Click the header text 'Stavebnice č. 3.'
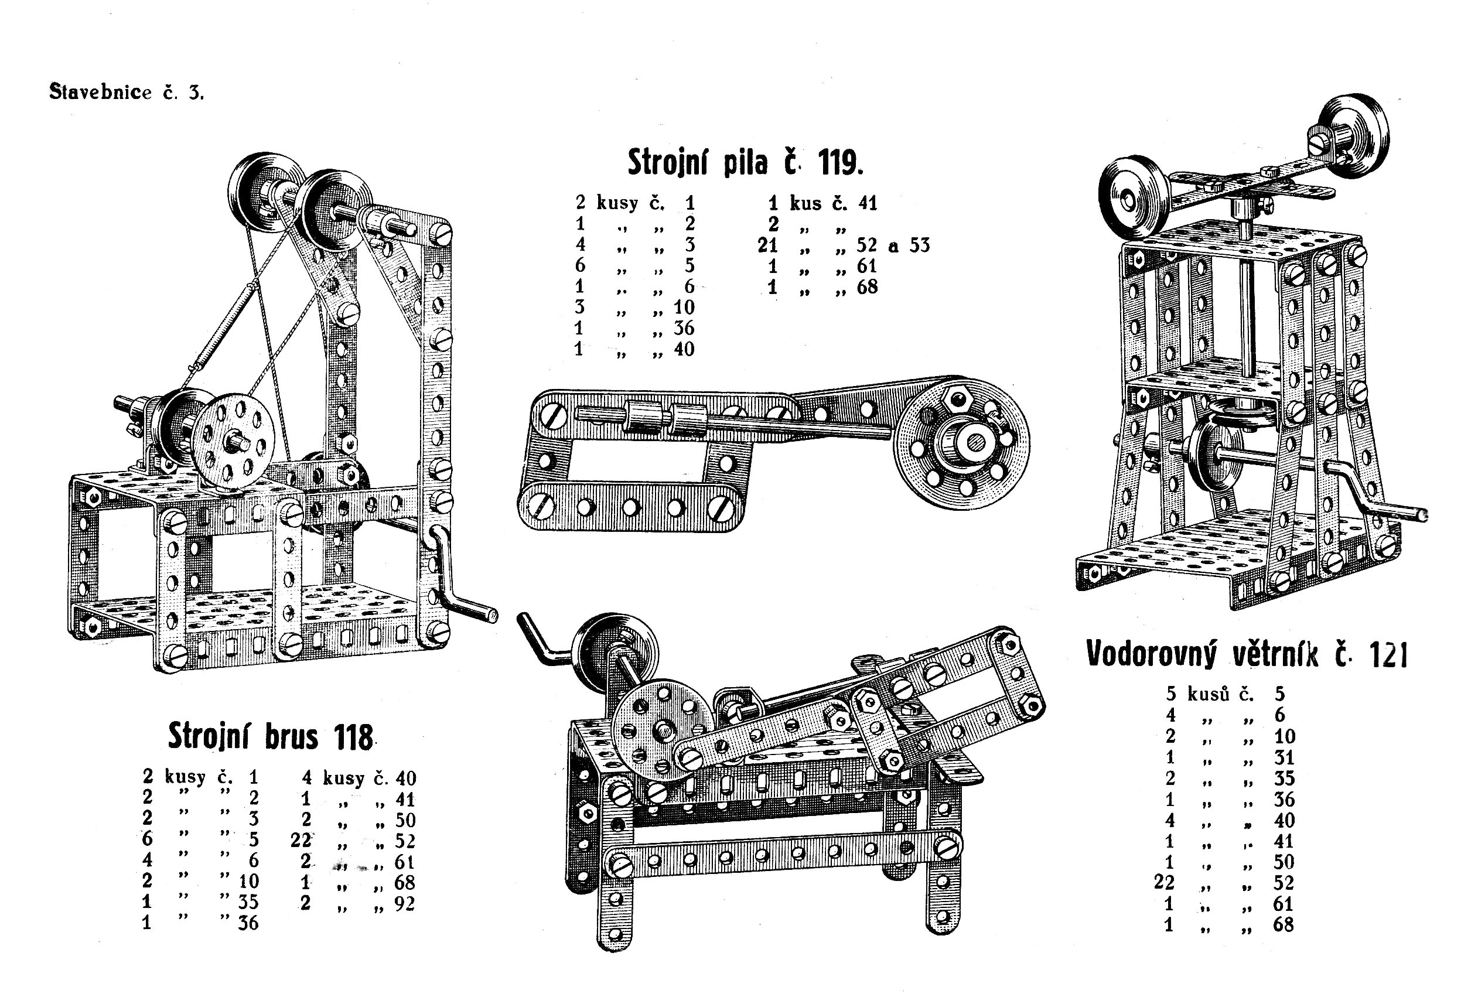(127, 93)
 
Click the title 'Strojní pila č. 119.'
(745, 163)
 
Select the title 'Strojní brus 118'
(270, 737)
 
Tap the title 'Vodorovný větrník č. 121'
(1247, 654)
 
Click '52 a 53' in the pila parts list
(893, 245)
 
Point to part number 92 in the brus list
(404, 903)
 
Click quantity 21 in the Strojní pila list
(767, 245)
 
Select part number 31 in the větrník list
(1284, 757)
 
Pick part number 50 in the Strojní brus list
(405, 820)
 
